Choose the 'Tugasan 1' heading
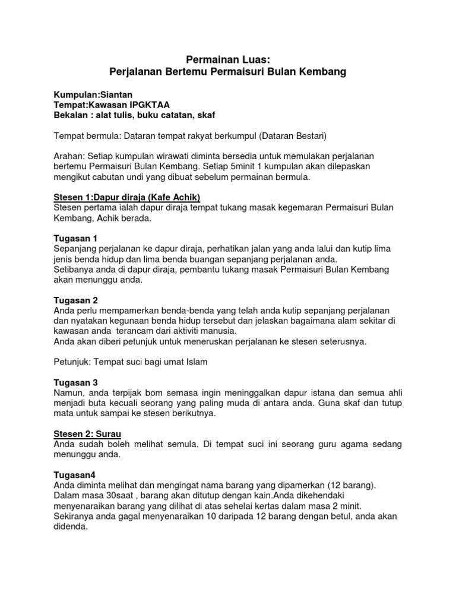click(x=75, y=238)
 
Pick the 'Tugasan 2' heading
click(x=75, y=300)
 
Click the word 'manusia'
click(x=218, y=331)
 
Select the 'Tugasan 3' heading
click(x=75, y=382)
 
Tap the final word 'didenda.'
click(x=71, y=527)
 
